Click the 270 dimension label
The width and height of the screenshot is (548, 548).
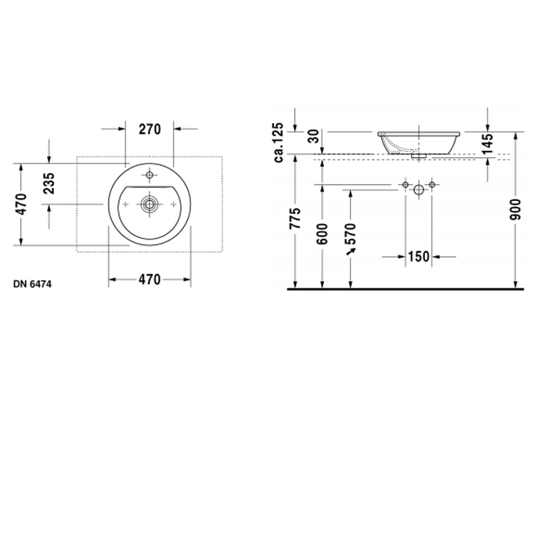pyautogui.click(x=150, y=129)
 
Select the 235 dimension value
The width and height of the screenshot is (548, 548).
pyautogui.click(x=49, y=183)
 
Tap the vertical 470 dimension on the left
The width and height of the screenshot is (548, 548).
pyautogui.click(x=21, y=204)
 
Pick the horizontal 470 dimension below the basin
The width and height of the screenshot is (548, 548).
pyautogui.click(x=150, y=279)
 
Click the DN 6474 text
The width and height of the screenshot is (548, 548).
pyautogui.click(x=33, y=284)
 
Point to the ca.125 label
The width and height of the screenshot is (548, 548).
pyautogui.click(x=279, y=142)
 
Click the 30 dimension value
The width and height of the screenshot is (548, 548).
pyautogui.click(x=315, y=136)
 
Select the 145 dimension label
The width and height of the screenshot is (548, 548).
pyautogui.click(x=487, y=143)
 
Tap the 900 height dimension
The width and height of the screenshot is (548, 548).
pyautogui.click(x=515, y=209)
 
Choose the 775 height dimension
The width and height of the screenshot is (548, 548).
pyautogui.click(x=295, y=218)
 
